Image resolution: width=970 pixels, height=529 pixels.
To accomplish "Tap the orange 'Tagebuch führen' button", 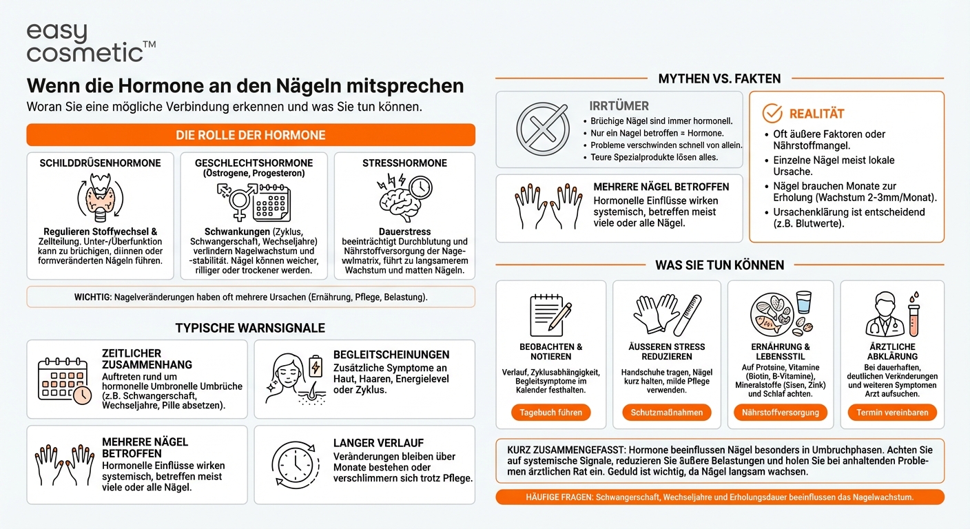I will coord(551,413).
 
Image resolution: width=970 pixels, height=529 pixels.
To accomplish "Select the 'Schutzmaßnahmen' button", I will coord(666,413).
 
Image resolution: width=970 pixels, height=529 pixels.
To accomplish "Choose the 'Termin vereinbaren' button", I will coord(892,413).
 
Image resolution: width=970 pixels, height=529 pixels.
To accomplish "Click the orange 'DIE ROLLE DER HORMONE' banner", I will coord(251,135).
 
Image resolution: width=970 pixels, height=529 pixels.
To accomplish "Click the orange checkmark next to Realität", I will coord(772,114).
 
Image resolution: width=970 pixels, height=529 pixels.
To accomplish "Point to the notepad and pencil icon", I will coord(550,314).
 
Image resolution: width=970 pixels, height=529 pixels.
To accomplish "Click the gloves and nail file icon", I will coord(666,315).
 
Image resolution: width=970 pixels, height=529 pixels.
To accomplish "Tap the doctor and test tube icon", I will coord(892,314).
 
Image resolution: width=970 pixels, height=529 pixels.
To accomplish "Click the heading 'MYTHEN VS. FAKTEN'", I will coord(719,79).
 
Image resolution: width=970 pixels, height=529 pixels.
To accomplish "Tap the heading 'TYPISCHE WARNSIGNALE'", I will coord(250,328).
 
